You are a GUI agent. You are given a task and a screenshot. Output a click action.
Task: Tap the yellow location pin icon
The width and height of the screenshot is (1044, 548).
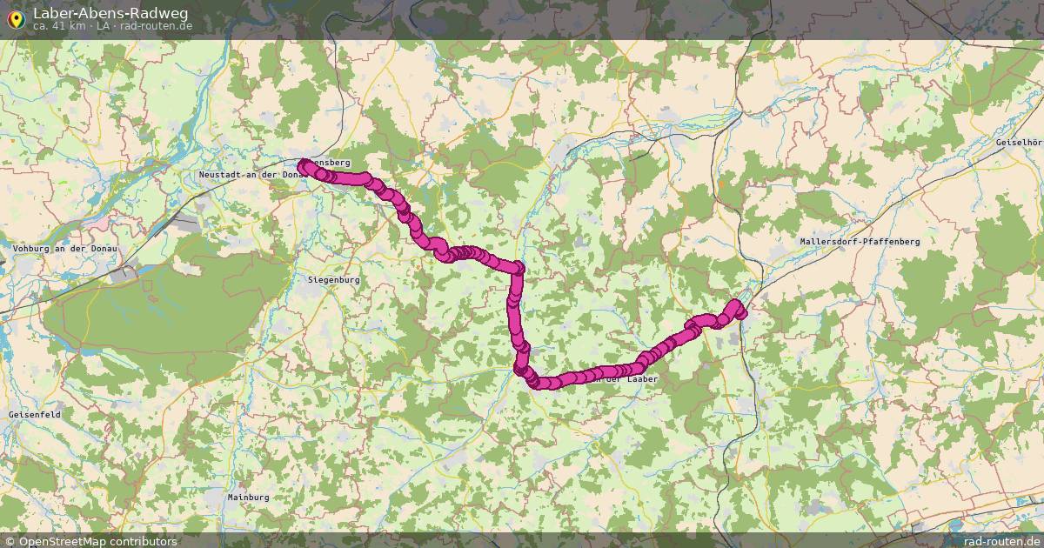[16, 18]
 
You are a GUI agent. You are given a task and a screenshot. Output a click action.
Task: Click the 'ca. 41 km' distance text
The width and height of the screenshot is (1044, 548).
[59, 26]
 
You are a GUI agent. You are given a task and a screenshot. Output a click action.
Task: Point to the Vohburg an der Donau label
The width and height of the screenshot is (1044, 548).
[64, 249]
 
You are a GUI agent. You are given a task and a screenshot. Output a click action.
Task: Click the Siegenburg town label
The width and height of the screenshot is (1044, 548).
[334, 280]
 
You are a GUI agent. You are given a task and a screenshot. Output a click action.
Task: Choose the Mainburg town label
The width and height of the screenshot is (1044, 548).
[248, 497]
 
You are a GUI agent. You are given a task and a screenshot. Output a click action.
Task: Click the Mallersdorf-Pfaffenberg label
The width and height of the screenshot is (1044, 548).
[860, 241]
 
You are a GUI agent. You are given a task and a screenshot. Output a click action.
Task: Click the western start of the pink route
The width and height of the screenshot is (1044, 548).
[303, 165]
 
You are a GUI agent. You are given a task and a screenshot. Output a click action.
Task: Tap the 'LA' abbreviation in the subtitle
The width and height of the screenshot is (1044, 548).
[104, 26]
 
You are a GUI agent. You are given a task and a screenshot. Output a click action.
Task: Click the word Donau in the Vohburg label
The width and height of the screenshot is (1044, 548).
[102, 249]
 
